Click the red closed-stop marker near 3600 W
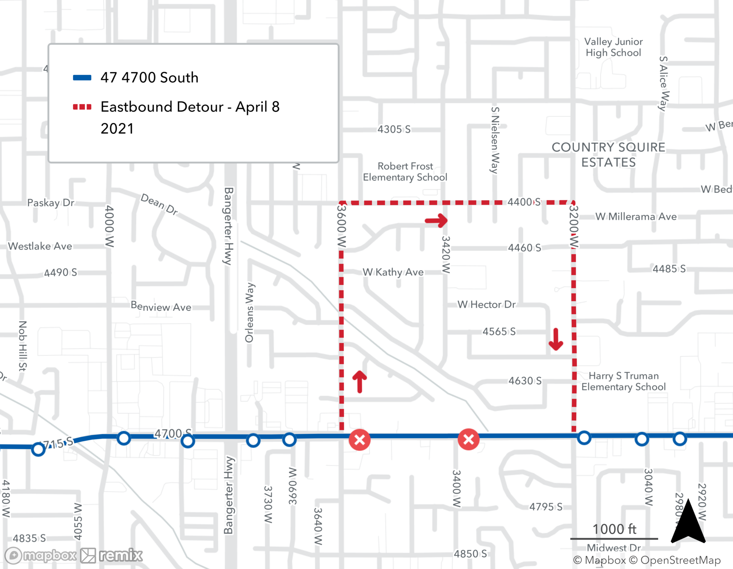360,440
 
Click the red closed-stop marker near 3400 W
468,439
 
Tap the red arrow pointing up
360,382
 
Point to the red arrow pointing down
556,339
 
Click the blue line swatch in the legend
82,77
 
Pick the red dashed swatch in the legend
82,107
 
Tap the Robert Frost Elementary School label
405,172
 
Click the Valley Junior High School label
613,47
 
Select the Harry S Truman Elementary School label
623,381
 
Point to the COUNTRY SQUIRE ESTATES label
608,155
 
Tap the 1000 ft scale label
614,529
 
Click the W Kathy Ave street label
393,272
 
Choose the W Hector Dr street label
486,304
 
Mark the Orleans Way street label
249,312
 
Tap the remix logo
111,555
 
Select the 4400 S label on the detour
524,202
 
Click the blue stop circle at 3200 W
584,438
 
